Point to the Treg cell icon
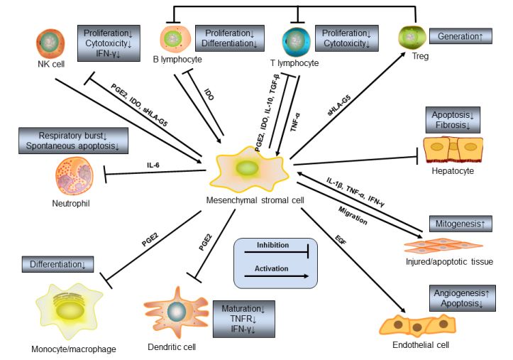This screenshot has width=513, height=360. point(409,36)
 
